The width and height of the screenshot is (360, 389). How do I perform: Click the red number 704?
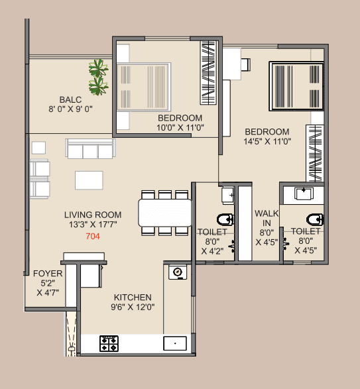tap(92, 236)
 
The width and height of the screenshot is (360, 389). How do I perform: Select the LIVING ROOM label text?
tap(93, 215)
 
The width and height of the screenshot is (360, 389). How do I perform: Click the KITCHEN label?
tap(133, 297)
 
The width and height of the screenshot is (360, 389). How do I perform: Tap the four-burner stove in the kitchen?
tap(109, 343)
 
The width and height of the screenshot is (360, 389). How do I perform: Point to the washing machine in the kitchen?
tap(178, 272)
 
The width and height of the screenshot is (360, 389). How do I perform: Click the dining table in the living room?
tap(164, 213)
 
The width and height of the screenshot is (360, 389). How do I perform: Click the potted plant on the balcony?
tap(99, 76)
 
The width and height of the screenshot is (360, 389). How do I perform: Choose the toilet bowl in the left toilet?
tap(224, 220)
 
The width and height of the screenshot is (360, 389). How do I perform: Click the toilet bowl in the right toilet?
tap(313, 219)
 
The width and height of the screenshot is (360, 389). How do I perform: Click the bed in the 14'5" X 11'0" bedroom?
tap(294, 85)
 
